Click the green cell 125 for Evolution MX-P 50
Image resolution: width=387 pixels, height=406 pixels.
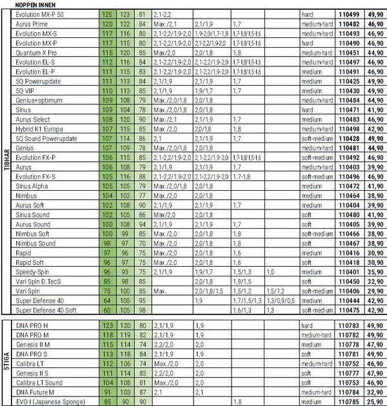pos(107,12)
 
